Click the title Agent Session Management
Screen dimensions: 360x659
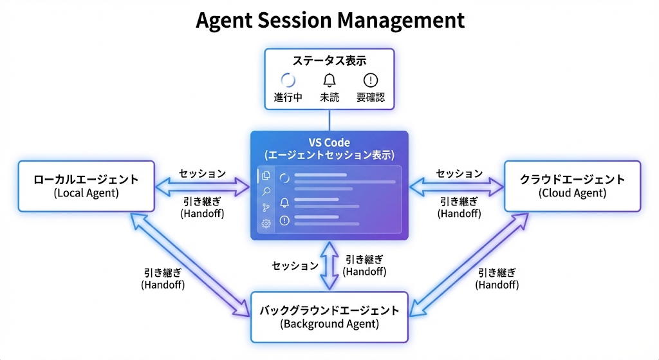[x=329, y=21]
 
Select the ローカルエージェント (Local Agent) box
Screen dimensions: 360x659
[x=86, y=185]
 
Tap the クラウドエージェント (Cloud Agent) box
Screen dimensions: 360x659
[x=572, y=185]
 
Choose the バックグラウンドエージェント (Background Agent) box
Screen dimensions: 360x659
[x=329, y=317]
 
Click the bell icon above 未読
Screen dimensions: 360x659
[x=329, y=81]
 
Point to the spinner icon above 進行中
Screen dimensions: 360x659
[x=288, y=81]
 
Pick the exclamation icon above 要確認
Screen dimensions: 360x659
[x=371, y=81]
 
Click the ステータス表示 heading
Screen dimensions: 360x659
[x=329, y=61]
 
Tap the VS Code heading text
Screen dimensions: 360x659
[x=329, y=142]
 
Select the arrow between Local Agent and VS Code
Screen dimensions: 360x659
[x=202, y=187]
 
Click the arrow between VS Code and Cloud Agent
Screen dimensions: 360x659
[x=457, y=187]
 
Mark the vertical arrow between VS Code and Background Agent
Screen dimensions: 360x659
[x=329, y=265]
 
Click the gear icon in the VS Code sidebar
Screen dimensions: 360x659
[x=265, y=223]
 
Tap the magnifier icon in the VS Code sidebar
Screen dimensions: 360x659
[x=265, y=191]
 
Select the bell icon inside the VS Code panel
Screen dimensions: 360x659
[x=284, y=203]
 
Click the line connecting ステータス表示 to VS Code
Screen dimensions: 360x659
[x=329, y=120]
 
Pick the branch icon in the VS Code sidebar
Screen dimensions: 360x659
[x=265, y=207]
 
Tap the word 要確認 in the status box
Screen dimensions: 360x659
[x=371, y=99]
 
